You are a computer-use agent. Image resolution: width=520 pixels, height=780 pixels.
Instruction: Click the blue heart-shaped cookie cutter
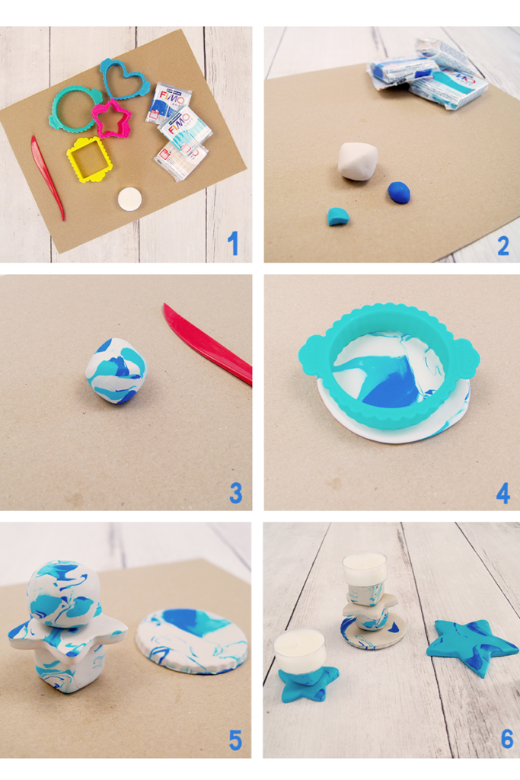(126, 78)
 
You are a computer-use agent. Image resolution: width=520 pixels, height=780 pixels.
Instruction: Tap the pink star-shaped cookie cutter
(112, 119)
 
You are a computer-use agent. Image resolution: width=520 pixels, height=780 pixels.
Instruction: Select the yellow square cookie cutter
(89, 158)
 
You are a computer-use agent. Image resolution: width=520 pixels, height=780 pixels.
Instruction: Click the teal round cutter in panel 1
(74, 107)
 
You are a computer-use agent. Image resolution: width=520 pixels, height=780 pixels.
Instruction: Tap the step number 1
(234, 243)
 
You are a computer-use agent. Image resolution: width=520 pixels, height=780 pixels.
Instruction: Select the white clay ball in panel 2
(358, 161)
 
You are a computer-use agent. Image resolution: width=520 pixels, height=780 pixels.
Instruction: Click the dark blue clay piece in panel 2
(399, 193)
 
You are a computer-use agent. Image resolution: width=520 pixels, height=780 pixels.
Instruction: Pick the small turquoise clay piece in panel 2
(338, 216)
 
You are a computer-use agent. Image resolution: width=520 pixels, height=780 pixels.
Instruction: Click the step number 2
(502, 244)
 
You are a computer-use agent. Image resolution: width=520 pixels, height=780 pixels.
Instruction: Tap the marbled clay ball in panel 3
(116, 370)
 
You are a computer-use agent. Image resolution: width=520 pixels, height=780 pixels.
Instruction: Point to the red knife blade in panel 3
(206, 344)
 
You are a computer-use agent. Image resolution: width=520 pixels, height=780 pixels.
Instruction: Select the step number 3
(235, 493)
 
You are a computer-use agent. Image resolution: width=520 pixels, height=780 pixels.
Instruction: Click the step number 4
(502, 493)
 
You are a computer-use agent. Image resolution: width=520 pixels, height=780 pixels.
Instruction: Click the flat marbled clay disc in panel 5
(191, 639)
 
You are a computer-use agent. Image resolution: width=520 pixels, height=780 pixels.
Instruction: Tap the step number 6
(506, 738)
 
